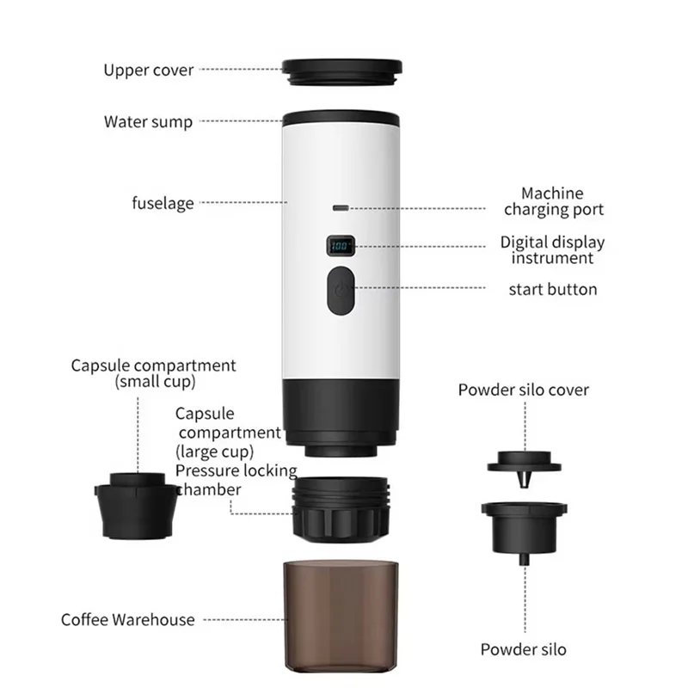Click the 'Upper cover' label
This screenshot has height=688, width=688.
click(149, 70)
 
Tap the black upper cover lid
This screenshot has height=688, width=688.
click(342, 69)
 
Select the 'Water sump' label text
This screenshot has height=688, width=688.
click(149, 121)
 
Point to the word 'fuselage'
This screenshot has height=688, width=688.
click(163, 204)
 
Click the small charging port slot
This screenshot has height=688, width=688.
click(341, 207)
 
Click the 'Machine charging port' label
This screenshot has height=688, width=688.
click(553, 201)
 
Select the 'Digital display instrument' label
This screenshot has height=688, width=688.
click(553, 250)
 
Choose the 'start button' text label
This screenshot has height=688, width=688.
click(553, 289)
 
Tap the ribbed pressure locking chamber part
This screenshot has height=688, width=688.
click(343, 510)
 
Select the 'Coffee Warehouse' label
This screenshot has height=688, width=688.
click(128, 619)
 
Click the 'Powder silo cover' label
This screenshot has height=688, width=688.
click(523, 390)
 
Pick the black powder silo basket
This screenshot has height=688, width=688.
click(525, 525)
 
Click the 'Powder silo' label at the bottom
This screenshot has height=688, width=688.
click(524, 649)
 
